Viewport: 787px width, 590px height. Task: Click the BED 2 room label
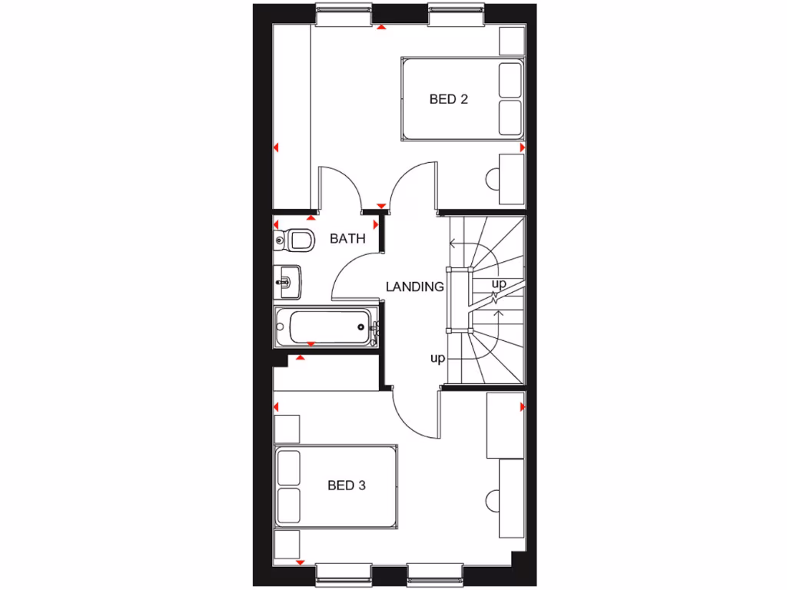[449, 99]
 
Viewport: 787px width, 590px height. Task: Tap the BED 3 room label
[347, 486]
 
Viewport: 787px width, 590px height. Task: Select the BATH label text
[347, 239]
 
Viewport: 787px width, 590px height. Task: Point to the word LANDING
[415, 287]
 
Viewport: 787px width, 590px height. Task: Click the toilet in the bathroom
[297, 239]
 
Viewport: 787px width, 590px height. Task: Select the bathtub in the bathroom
[326, 328]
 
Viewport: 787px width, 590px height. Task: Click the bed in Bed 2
[461, 98]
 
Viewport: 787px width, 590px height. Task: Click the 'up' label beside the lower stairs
[437, 359]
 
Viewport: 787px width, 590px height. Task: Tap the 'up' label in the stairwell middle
[499, 284]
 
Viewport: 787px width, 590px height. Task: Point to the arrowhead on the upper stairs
[453, 245]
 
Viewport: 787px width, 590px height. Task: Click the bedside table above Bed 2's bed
[511, 41]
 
